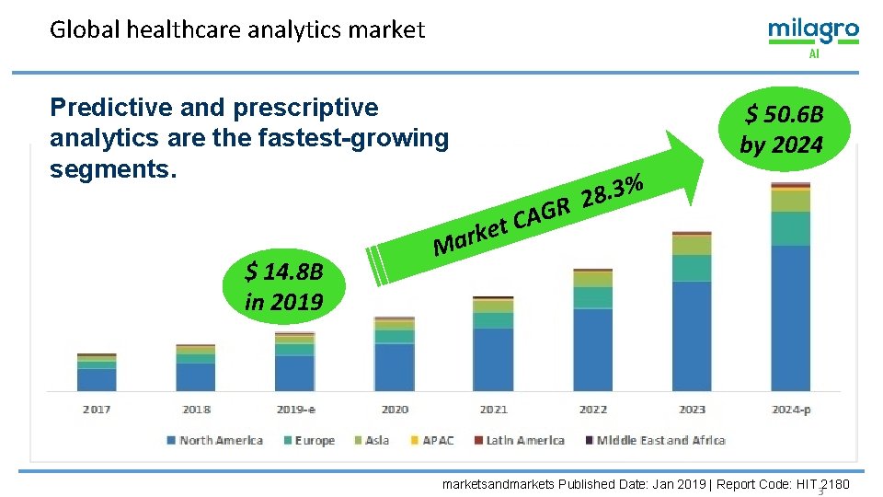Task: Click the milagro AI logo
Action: click(x=813, y=37)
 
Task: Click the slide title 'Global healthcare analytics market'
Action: click(x=237, y=30)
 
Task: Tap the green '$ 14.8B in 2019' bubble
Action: click(x=283, y=287)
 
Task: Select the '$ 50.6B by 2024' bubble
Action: click(x=783, y=129)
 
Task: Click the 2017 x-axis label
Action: click(x=97, y=410)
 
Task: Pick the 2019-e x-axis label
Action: click(x=295, y=410)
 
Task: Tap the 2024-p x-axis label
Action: click(x=791, y=410)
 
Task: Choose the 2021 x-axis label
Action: click(x=493, y=410)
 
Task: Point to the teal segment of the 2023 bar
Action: click(x=692, y=268)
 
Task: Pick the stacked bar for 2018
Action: click(x=195, y=368)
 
